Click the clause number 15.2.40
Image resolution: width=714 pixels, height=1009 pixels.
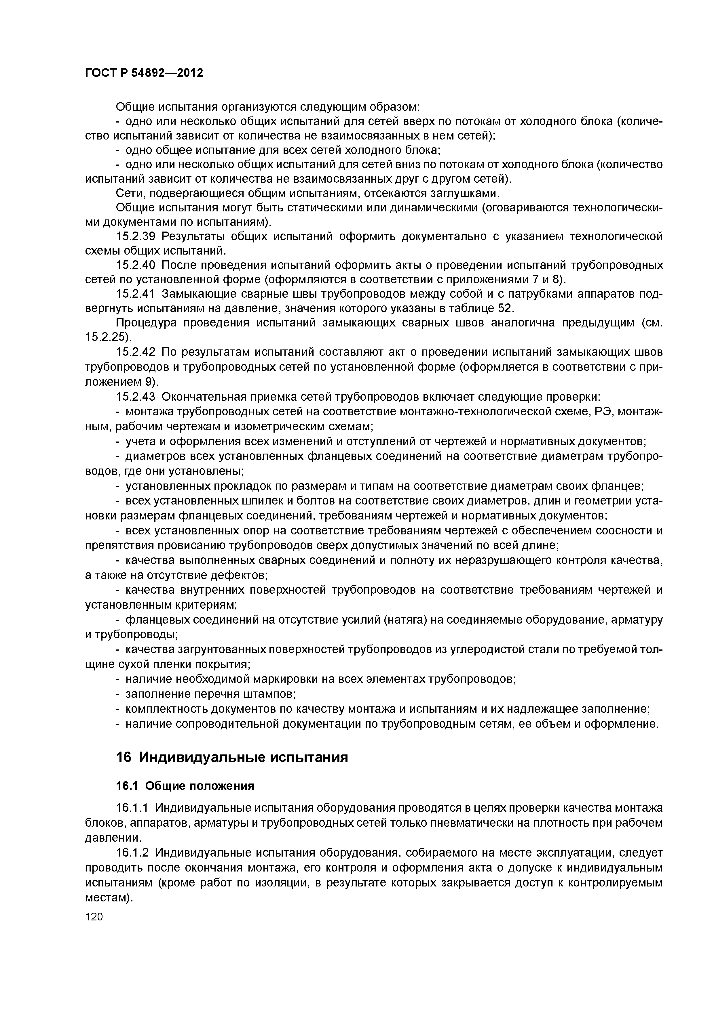tap(136, 266)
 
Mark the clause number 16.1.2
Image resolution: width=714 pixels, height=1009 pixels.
tap(133, 865)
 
